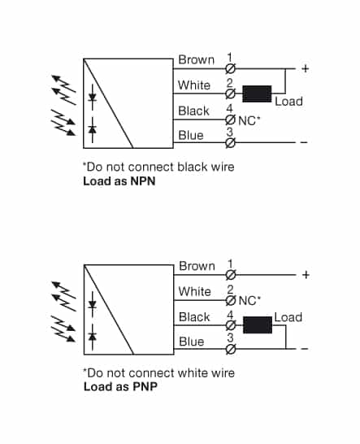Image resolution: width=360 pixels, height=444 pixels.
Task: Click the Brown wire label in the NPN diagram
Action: coord(196,59)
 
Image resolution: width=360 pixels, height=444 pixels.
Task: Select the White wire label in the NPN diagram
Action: coord(194,85)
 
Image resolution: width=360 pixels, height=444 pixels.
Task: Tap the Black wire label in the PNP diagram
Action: coord(194,317)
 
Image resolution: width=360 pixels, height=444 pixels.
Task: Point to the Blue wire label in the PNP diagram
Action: coord(191,342)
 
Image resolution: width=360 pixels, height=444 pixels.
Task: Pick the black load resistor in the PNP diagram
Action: coord(258,325)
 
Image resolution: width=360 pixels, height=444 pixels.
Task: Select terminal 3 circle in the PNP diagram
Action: coord(230,350)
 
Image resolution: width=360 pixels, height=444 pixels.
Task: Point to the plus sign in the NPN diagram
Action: coord(305,68)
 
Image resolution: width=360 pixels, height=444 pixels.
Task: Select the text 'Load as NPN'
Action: coord(119,181)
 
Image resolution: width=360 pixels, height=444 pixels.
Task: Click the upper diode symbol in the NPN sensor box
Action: coord(92,98)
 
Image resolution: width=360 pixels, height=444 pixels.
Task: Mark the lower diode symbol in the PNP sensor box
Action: coord(93,335)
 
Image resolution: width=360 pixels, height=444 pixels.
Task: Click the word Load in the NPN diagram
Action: coord(288,102)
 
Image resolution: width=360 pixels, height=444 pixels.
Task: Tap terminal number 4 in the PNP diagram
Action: coord(230,313)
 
